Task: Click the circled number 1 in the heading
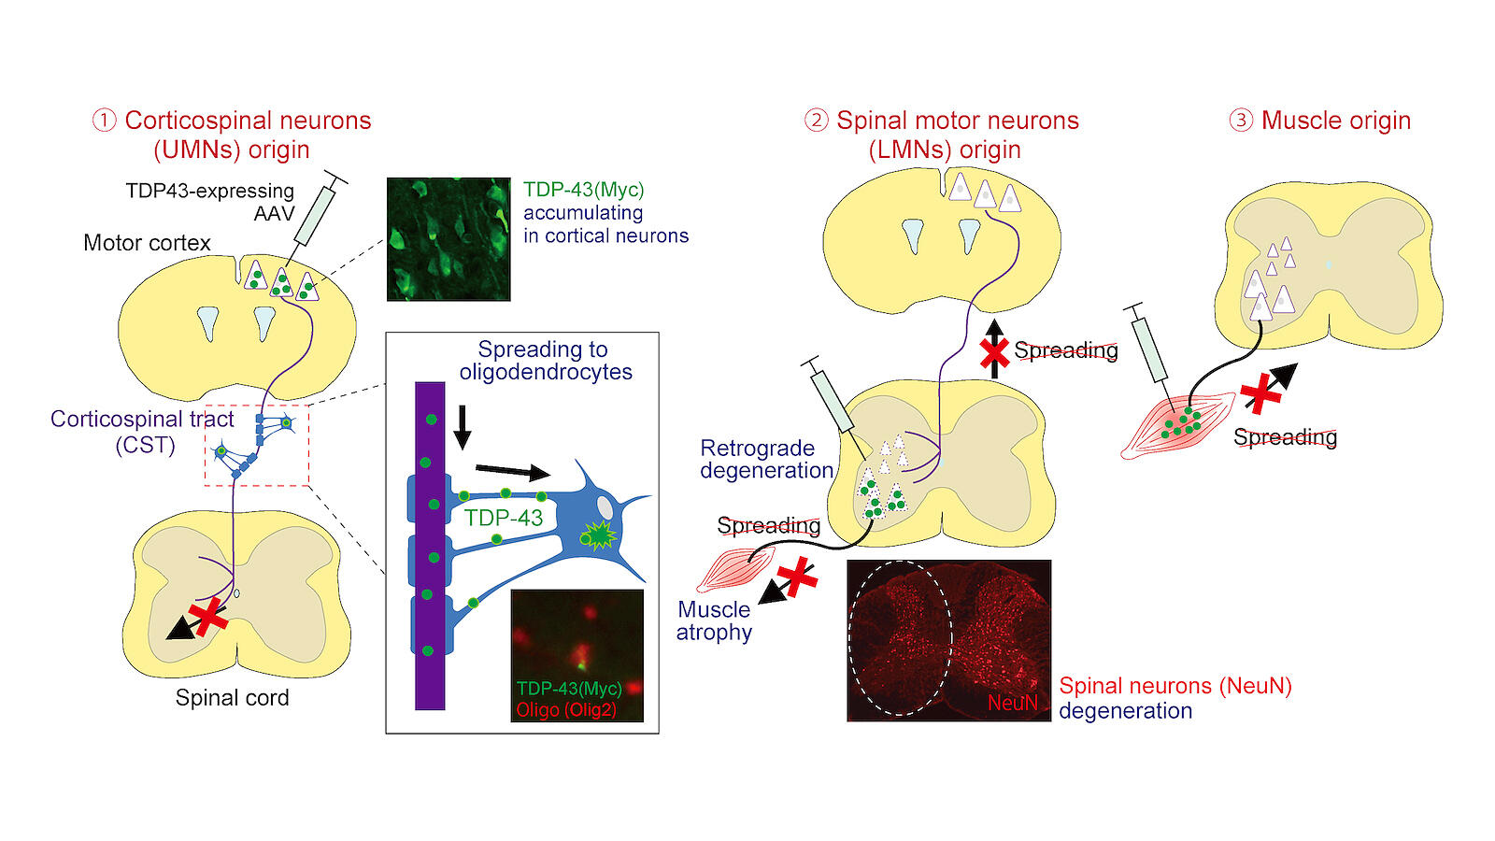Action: (x=104, y=121)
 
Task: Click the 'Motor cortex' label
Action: (x=147, y=243)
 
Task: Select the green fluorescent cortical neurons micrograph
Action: (x=448, y=239)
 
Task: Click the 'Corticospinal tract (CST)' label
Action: (x=142, y=431)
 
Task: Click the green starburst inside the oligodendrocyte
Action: (x=598, y=535)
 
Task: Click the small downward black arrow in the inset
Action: (x=462, y=429)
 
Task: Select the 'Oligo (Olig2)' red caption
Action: (x=566, y=710)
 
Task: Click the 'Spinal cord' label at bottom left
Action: (x=232, y=698)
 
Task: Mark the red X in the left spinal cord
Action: (x=208, y=618)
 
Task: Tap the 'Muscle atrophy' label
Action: (x=714, y=620)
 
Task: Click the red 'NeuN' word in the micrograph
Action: (x=1012, y=703)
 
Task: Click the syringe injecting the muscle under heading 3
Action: (x=1150, y=347)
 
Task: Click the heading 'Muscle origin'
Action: (x=1335, y=121)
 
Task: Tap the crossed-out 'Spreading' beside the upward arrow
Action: (x=1065, y=350)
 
